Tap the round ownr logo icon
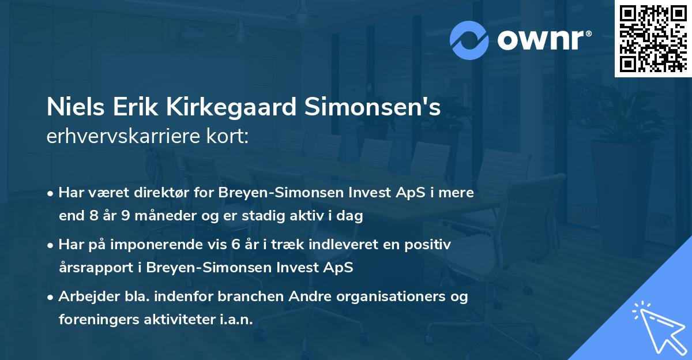click(468, 40)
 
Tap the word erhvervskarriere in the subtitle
click(111, 137)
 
